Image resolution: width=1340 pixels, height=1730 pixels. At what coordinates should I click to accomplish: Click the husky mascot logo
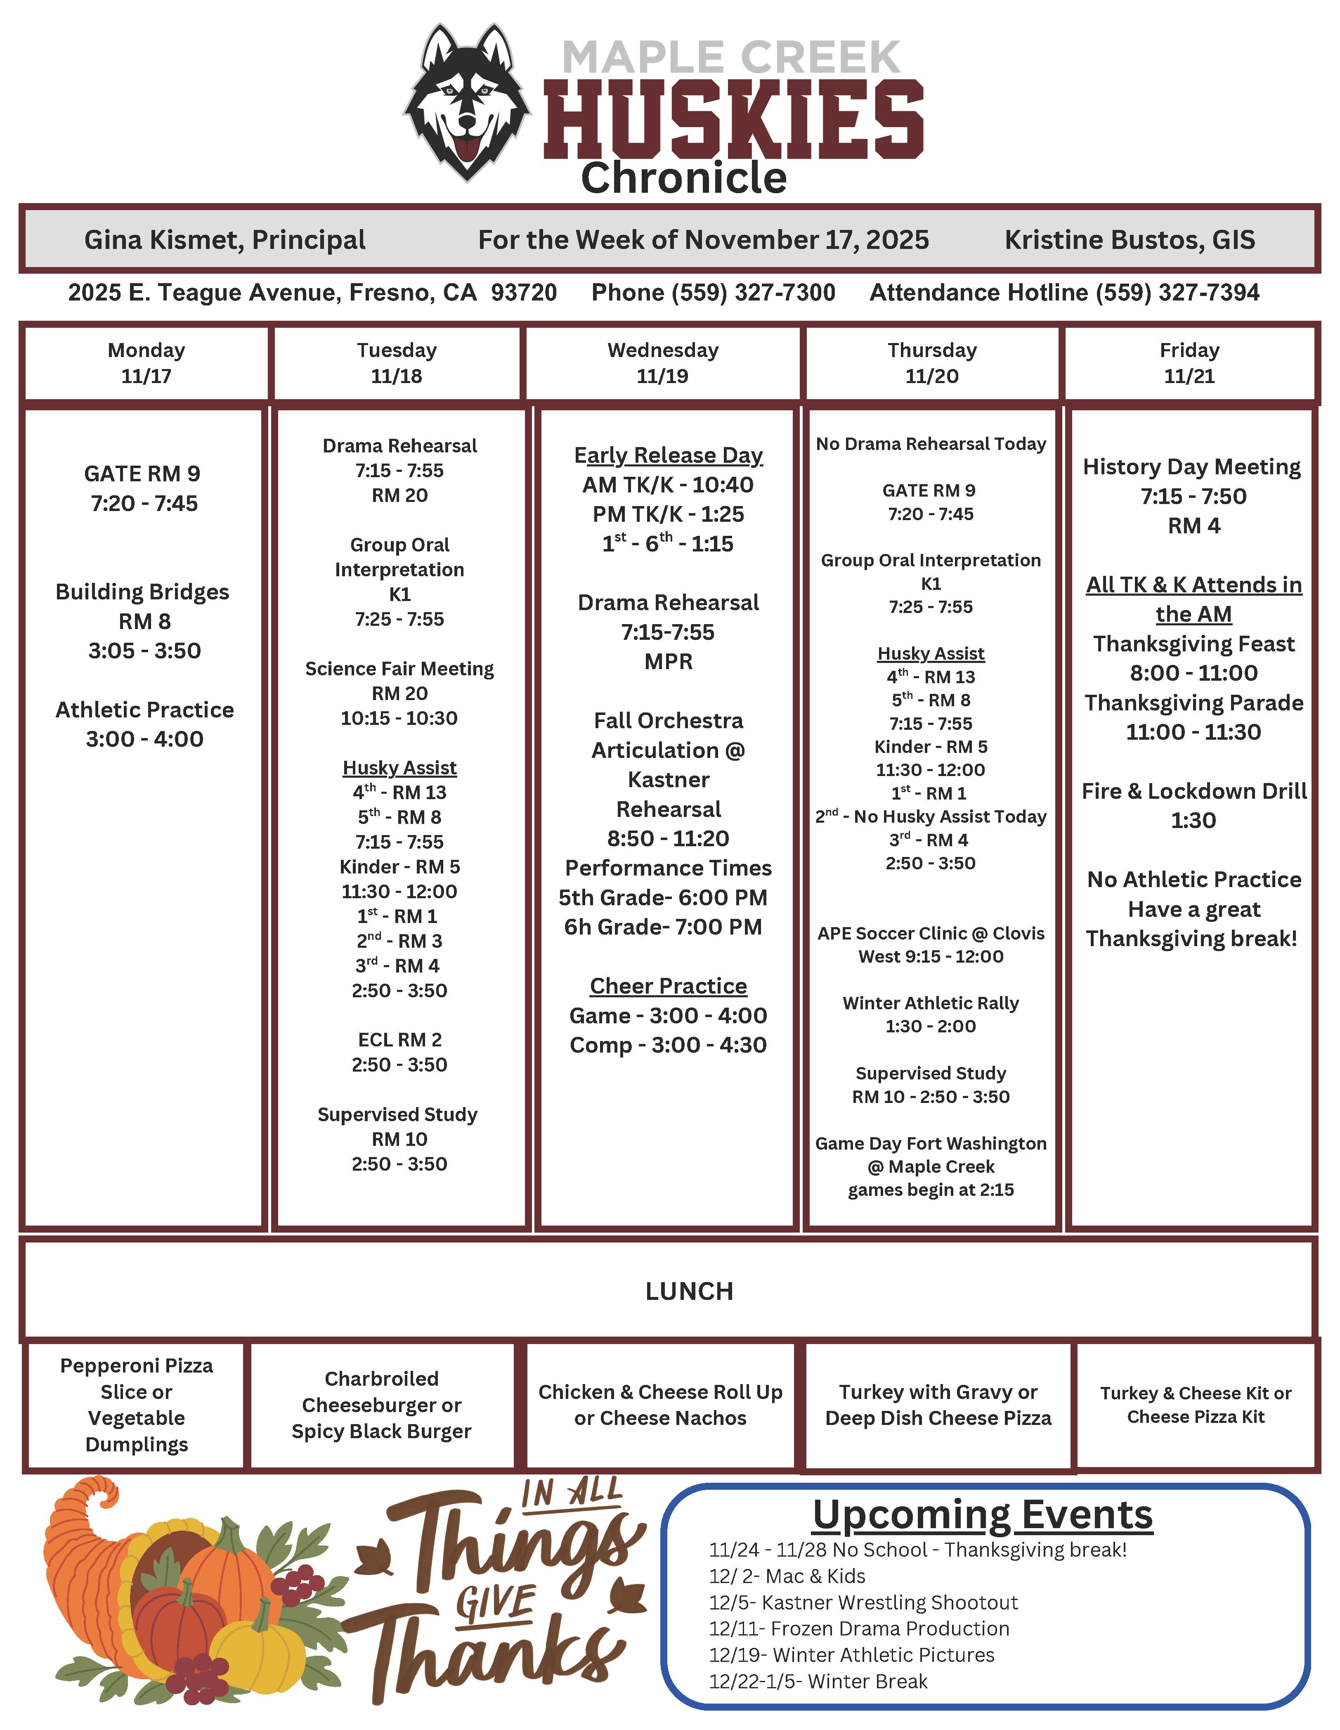point(467,102)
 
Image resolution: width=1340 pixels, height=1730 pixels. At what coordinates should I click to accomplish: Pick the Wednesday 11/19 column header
point(663,363)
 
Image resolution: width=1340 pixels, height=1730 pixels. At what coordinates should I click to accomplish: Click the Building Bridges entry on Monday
point(142,592)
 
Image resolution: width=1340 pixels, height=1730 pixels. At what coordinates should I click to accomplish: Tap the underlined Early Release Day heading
point(669,455)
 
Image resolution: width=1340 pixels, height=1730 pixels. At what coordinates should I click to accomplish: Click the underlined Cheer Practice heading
point(669,986)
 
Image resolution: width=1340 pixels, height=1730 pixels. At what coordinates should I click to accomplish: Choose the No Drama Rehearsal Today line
point(931,445)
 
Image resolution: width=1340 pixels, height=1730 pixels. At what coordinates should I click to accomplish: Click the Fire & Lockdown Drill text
point(1193,791)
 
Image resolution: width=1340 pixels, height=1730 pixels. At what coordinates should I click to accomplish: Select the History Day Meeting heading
point(1192,467)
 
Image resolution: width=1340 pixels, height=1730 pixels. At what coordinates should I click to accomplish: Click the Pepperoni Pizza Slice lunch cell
point(136,1404)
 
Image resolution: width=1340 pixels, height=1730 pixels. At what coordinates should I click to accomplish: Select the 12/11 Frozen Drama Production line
point(859,1628)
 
